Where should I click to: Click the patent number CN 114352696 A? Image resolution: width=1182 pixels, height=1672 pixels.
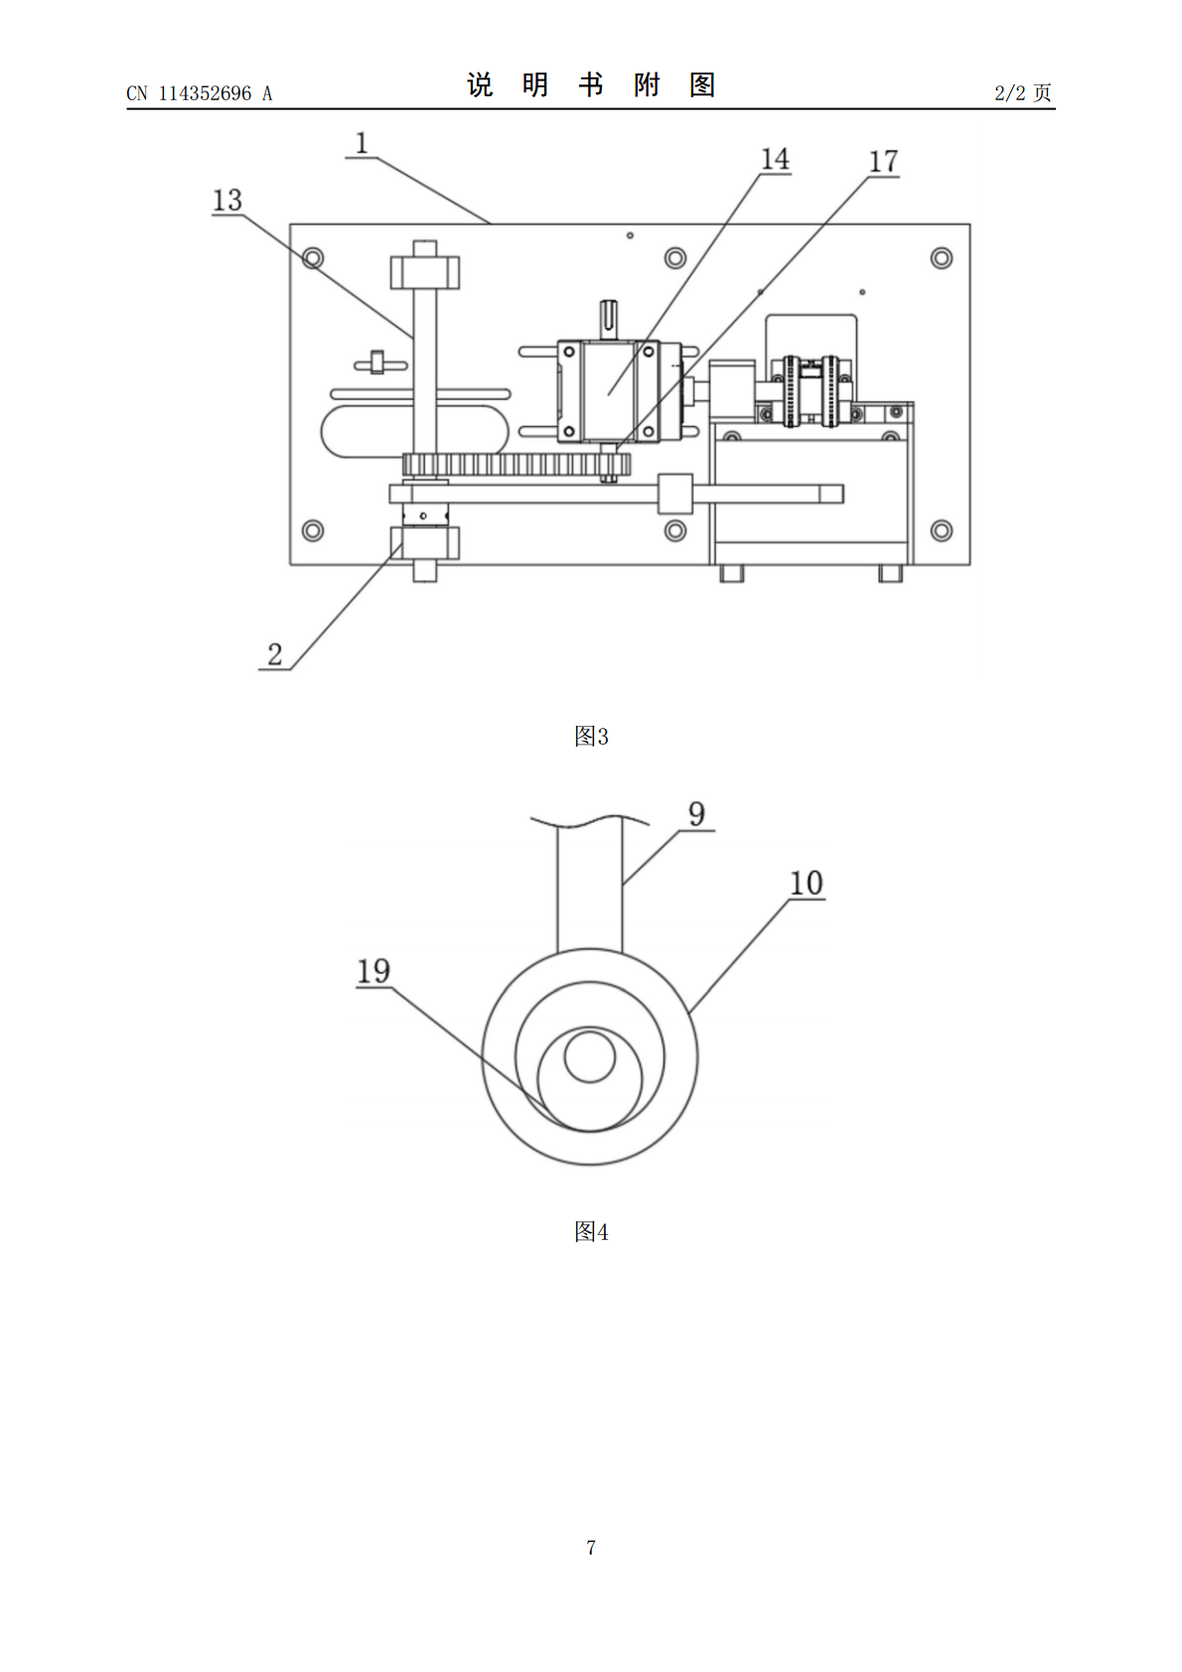click(200, 93)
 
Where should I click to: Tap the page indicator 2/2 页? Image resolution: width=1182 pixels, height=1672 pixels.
click(1022, 92)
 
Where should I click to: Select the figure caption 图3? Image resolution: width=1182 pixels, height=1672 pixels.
click(591, 736)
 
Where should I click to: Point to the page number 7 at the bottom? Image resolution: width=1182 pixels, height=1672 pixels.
click(591, 1547)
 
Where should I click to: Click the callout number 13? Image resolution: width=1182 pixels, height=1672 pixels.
click(227, 200)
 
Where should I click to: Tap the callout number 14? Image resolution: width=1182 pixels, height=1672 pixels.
click(775, 159)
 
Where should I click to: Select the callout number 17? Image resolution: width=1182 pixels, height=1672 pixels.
click(883, 161)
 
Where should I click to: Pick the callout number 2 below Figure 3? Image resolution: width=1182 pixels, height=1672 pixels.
click(275, 654)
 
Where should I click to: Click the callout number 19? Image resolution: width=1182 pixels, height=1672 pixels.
click(373, 971)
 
